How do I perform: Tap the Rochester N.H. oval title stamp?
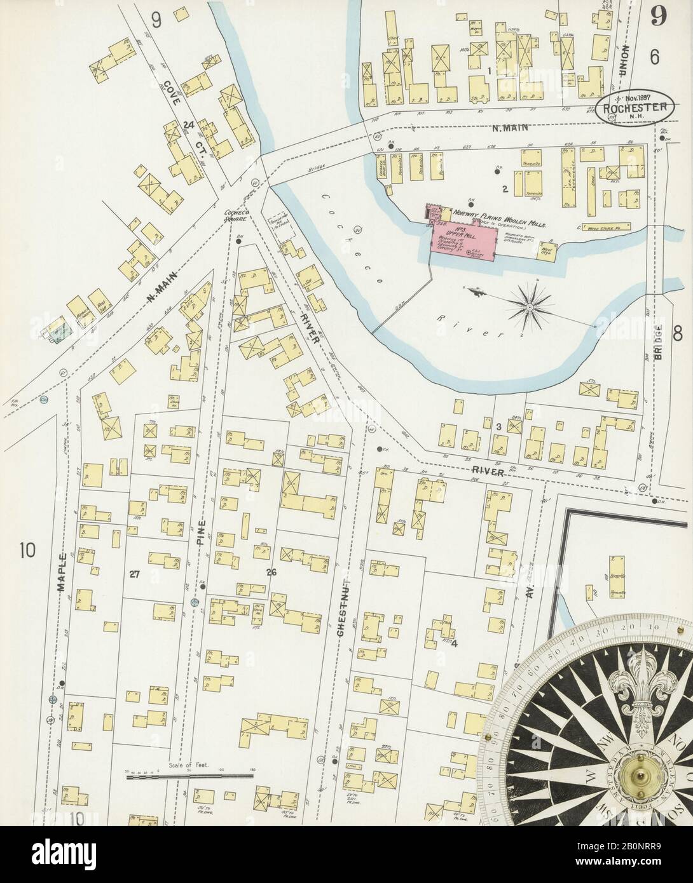point(636,109)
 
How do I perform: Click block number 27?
point(134,574)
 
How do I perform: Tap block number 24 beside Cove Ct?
point(187,126)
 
